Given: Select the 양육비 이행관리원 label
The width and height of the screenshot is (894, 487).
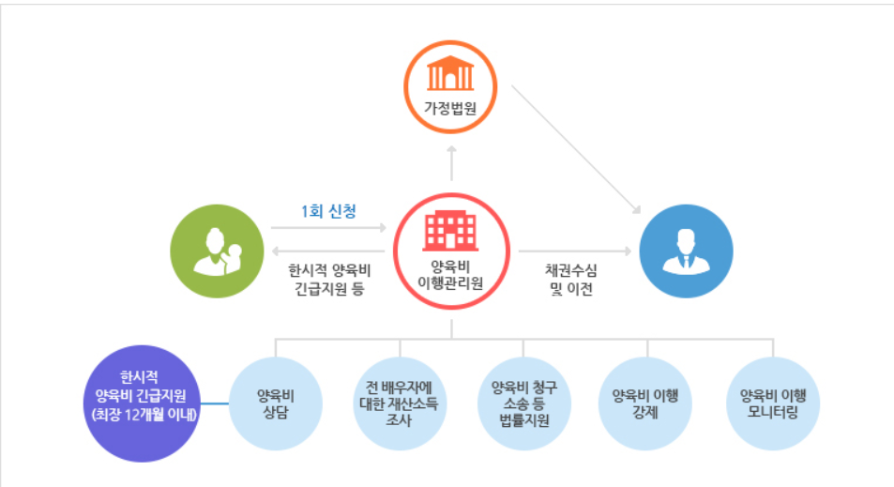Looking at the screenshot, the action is tap(451, 275).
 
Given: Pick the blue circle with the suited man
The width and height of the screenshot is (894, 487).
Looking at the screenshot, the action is tap(687, 252).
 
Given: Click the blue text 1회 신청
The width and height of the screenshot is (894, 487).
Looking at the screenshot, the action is tap(328, 211).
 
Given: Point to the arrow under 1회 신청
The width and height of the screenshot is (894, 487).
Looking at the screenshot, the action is tap(328, 228).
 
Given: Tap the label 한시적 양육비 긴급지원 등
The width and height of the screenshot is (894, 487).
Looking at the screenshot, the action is tap(327, 278).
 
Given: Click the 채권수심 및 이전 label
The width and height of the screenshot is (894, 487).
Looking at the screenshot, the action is tap(571, 279).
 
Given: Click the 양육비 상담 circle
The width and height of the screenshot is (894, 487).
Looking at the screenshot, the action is tap(277, 403).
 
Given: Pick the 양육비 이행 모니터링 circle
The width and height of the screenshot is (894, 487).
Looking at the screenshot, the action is tap(774, 403).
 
